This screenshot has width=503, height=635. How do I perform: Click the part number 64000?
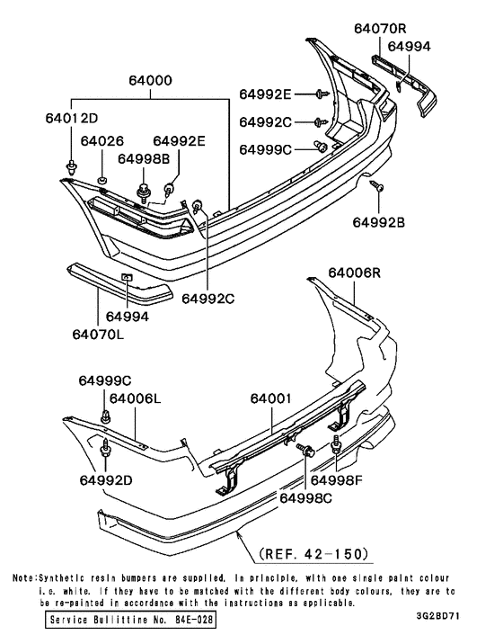click(x=150, y=81)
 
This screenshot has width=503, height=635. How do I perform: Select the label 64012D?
click(x=73, y=118)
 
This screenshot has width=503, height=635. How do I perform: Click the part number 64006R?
click(x=356, y=273)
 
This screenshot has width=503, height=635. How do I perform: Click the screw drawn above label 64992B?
click(x=379, y=185)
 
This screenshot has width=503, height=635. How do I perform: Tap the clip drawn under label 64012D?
click(x=71, y=164)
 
